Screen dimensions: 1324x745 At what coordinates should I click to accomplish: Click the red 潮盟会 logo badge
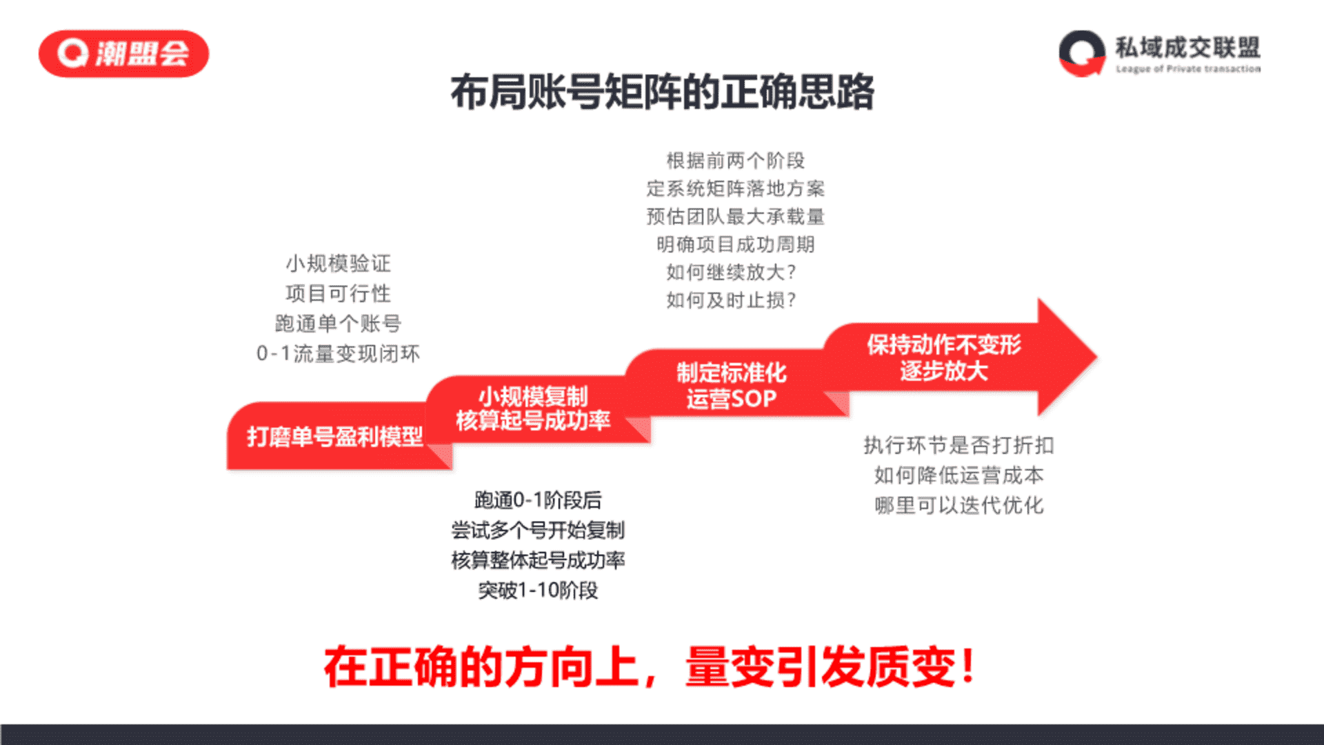click(123, 54)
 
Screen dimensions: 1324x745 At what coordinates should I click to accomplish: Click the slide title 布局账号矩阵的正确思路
click(662, 92)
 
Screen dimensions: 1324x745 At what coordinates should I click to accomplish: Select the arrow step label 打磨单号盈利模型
click(334, 437)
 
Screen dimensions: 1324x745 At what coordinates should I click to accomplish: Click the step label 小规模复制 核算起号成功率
click(533, 408)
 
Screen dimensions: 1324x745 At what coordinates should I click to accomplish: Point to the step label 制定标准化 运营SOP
click(731, 386)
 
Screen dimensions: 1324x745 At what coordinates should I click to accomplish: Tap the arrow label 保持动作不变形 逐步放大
click(944, 357)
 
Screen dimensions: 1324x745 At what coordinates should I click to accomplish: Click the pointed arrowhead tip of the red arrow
click(1096, 357)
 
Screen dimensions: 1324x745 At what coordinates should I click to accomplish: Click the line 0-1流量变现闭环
click(338, 354)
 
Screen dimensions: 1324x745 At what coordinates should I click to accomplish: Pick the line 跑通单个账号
click(338, 324)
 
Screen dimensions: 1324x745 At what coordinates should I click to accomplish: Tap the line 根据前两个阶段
click(735, 161)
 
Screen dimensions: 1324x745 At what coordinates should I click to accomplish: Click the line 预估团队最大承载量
click(735, 217)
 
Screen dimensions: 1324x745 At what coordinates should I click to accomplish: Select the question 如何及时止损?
click(731, 300)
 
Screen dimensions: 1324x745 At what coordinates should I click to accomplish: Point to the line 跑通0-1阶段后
click(538, 500)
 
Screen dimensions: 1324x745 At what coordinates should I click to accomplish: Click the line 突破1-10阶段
click(538, 590)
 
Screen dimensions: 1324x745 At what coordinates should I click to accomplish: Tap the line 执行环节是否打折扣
click(959, 446)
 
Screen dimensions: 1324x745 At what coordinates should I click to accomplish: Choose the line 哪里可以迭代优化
click(959, 506)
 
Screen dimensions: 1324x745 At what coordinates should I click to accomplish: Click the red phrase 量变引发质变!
click(830, 667)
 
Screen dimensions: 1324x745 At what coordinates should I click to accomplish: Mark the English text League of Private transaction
click(1188, 69)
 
